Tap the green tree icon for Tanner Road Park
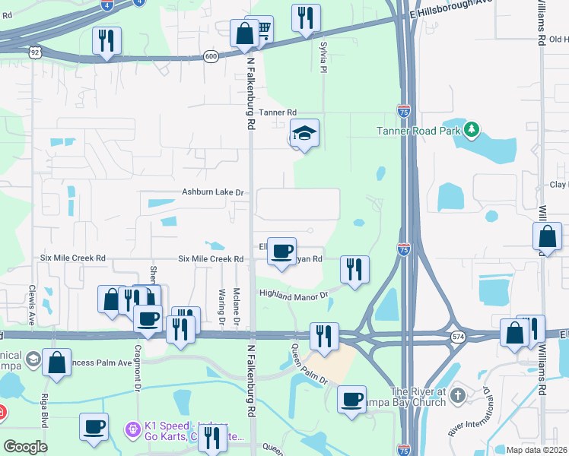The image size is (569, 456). [472, 130]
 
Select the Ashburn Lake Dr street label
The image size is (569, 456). [212, 193]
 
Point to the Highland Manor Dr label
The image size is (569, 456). [293, 293]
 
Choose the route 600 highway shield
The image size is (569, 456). [211, 56]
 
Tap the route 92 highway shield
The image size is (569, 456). [35, 52]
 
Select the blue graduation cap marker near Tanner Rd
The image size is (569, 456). [304, 134]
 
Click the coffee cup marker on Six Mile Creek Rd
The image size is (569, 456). [282, 251]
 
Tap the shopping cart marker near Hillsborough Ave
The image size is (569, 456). [262, 30]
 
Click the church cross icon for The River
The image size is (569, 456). [457, 395]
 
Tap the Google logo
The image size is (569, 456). [25, 447]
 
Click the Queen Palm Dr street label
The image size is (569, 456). [300, 365]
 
